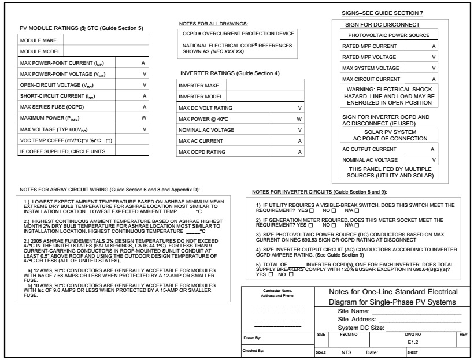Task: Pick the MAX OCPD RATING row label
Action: [205, 152]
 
